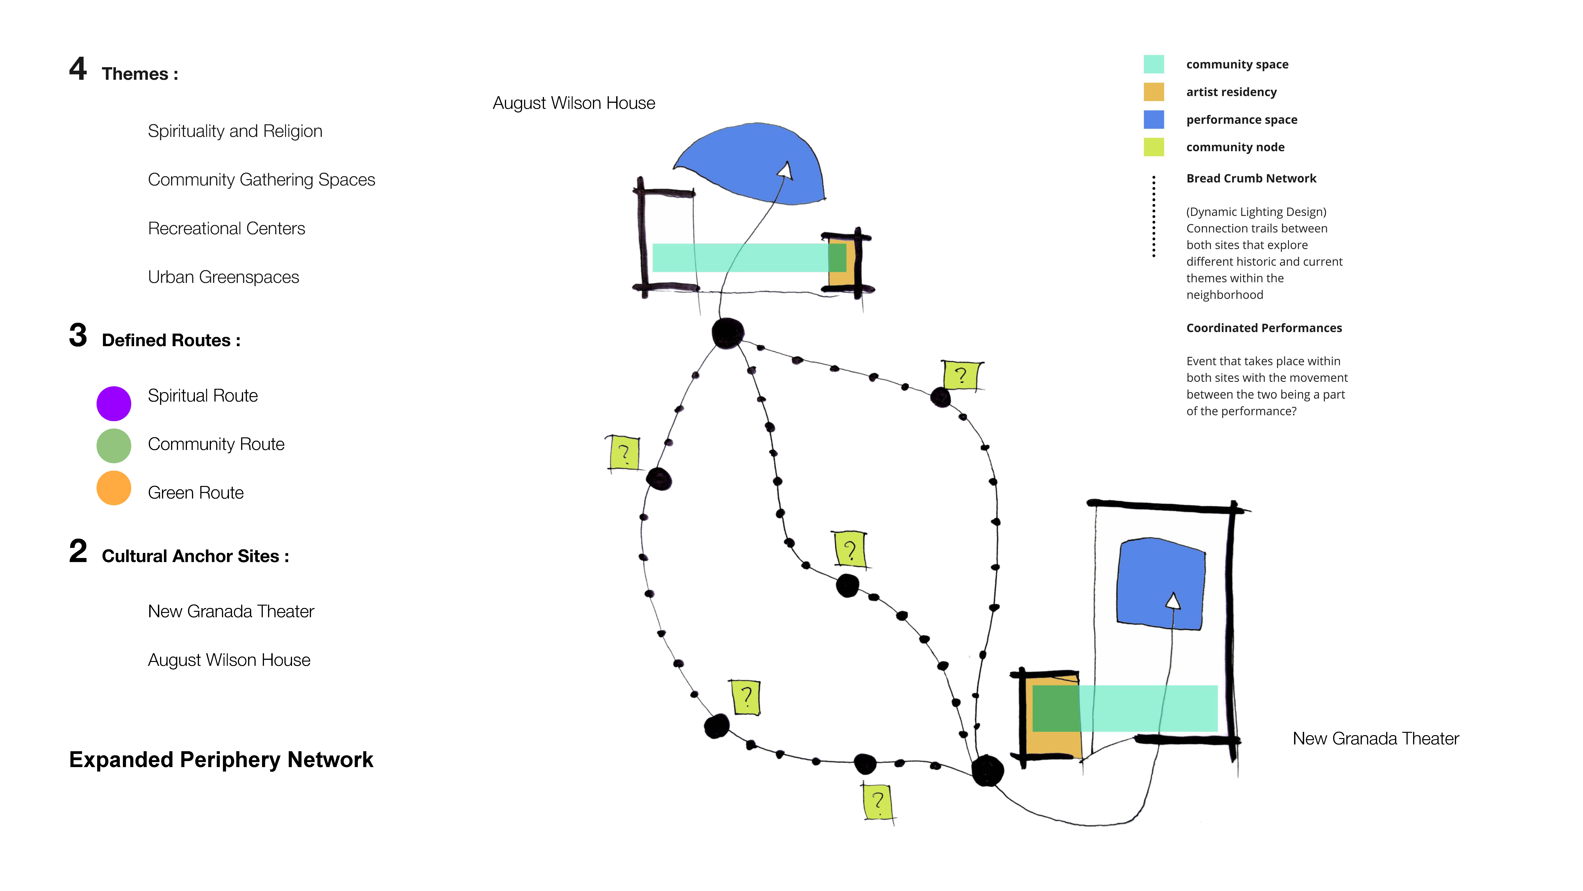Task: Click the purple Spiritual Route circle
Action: (x=114, y=403)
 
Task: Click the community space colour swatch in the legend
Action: (x=1153, y=64)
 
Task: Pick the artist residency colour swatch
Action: (x=1153, y=92)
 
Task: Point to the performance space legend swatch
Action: (x=1153, y=119)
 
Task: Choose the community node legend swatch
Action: (x=1153, y=147)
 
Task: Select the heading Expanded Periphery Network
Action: (x=221, y=760)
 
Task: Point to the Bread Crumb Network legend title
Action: (x=1251, y=178)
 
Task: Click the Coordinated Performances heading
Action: (x=1264, y=328)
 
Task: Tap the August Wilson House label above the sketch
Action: (x=574, y=103)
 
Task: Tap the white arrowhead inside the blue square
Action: (x=1173, y=601)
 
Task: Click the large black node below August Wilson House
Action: (x=728, y=333)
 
